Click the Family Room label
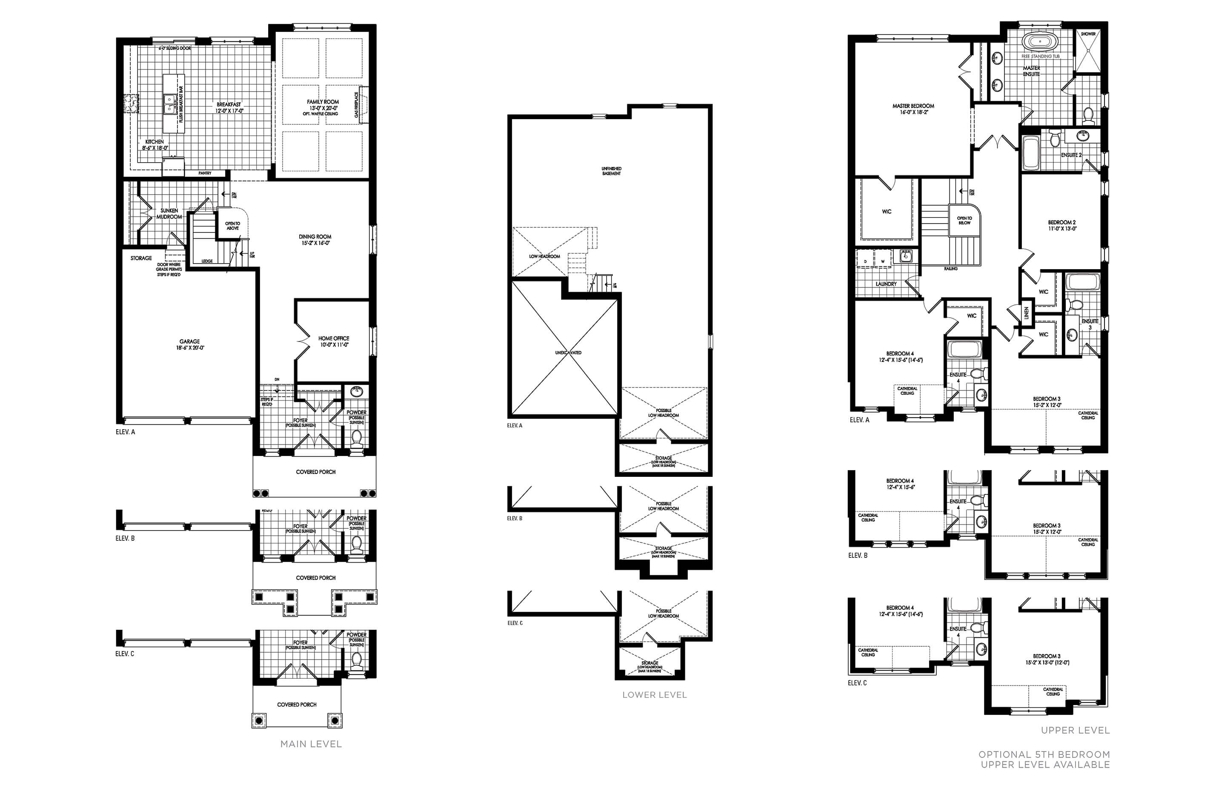coord(323,102)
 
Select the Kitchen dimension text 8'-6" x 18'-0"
coord(155,148)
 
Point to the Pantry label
coord(205,173)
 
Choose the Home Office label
coord(334,339)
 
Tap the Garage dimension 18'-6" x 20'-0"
coord(190,348)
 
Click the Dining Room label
coord(315,237)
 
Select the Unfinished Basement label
coord(611,171)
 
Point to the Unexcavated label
coord(568,353)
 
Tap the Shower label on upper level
coord(1088,34)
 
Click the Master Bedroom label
coord(913,106)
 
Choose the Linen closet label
coord(1026,313)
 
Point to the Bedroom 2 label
coord(1062,222)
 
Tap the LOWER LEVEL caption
coord(655,695)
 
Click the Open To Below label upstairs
coord(964,220)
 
